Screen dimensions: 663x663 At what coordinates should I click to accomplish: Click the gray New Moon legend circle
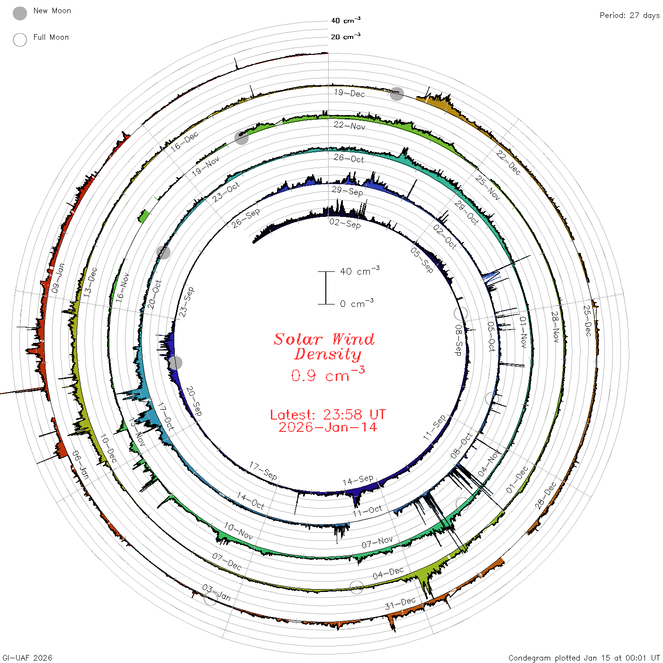20,13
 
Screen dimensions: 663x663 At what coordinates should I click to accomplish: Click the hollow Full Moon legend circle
20,40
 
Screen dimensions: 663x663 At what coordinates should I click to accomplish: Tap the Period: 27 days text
629,16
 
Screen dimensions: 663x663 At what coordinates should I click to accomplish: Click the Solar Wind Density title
324,347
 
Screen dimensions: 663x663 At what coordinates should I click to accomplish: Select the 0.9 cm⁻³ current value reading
328,374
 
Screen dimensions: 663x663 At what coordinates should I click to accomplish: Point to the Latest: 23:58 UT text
328,414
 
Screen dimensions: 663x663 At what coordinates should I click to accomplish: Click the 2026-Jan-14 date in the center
328,427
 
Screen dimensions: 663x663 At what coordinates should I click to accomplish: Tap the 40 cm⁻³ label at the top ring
346,20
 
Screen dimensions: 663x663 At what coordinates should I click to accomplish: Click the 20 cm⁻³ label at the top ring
346,36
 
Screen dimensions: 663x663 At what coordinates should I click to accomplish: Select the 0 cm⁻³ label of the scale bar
357,303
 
